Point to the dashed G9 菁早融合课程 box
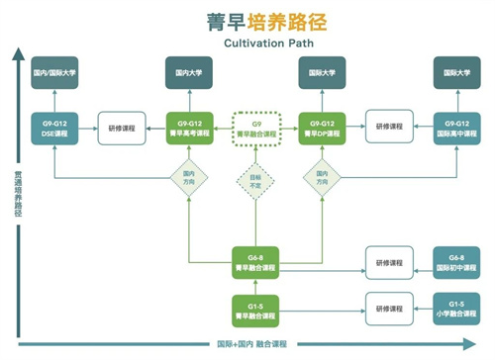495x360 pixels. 253,128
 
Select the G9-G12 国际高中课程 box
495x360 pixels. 456,128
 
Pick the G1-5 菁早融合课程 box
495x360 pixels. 253,308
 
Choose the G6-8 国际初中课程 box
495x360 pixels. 456,260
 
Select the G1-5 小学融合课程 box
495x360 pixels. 456,308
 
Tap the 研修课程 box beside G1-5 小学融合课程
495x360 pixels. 388,308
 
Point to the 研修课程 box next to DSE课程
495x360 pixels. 121,128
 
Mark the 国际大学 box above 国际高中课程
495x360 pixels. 456,72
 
